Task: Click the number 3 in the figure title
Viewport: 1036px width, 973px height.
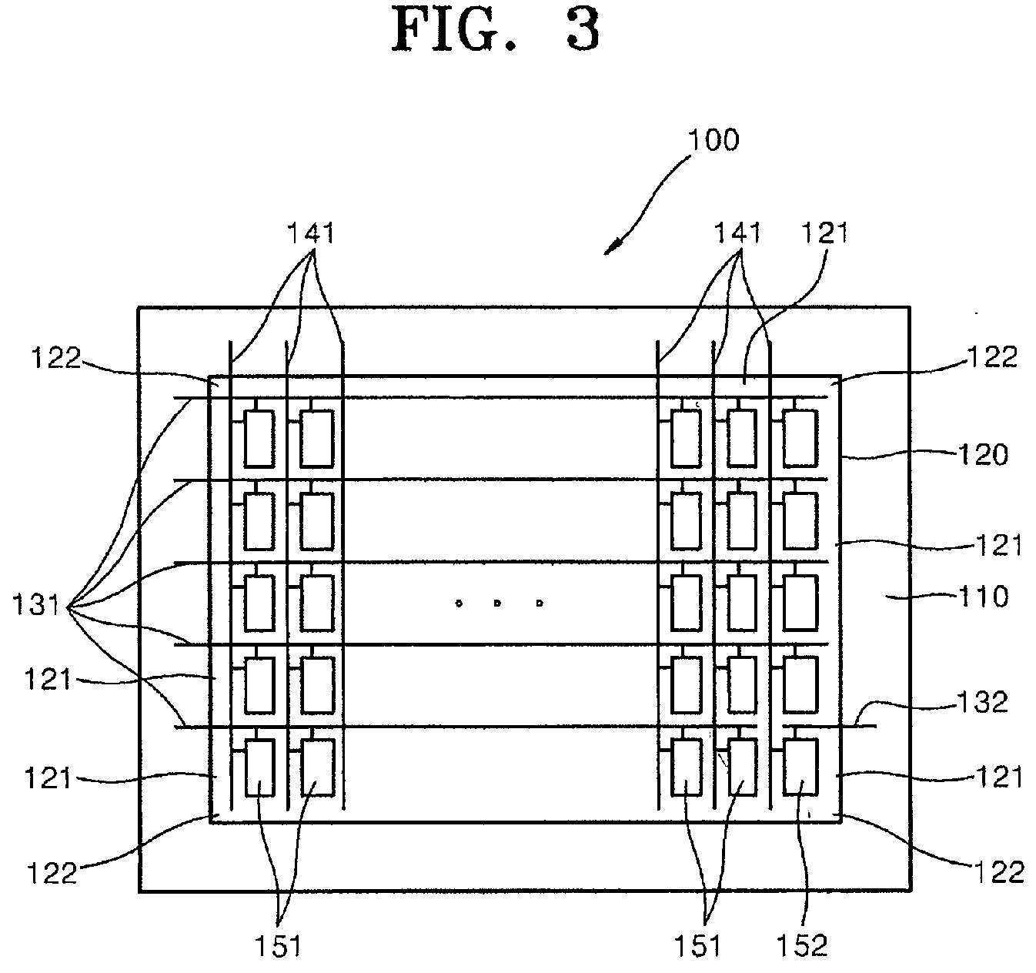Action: click(583, 31)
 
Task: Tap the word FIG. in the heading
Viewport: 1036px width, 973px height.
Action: click(455, 31)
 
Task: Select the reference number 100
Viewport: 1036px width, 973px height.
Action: click(713, 140)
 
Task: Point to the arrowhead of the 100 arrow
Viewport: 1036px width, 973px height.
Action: click(610, 249)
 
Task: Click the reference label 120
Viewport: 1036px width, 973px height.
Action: click(983, 454)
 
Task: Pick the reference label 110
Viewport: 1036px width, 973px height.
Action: click(983, 597)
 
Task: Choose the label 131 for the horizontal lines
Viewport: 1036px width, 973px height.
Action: click(36, 606)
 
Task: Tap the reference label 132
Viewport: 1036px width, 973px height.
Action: click(982, 702)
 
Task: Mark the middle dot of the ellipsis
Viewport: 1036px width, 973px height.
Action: click(497, 603)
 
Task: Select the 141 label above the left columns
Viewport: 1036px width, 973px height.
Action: click(311, 232)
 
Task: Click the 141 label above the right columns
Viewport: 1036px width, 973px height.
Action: click(737, 232)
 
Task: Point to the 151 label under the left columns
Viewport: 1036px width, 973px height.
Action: click(278, 945)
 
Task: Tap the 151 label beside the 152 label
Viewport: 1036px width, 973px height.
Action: click(698, 945)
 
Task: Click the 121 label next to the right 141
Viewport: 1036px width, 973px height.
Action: click(825, 232)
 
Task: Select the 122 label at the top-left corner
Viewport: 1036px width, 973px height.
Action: click(56, 358)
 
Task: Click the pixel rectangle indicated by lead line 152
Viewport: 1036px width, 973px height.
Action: click(800, 767)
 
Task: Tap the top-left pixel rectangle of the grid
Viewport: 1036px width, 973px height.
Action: click(260, 438)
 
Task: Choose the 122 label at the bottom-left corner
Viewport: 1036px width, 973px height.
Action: click(52, 873)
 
